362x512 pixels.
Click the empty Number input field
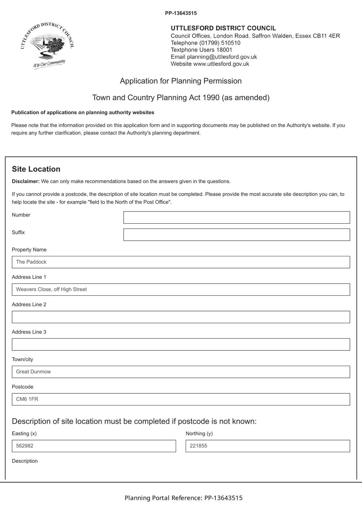click(237, 217)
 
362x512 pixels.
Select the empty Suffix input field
click(237, 235)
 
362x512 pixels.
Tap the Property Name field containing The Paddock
click(181, 262)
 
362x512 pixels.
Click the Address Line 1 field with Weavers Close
click(181, 290)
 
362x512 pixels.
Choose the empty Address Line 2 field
click(181, 317)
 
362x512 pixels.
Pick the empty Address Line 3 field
click(181, 345)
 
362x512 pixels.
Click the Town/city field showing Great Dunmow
click(181, 372)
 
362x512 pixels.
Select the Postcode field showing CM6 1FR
click(181, 399)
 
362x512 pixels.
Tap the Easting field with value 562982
click(94, 446)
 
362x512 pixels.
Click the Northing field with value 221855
click(268, 446)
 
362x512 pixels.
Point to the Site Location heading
click(36, 169)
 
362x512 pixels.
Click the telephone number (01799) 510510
click(220, 43)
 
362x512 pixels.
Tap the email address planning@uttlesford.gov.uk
click(222, 57)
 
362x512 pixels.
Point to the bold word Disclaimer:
click(26, 181)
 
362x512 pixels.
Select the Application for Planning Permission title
click(181, 81)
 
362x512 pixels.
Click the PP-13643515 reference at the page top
click(181, 13)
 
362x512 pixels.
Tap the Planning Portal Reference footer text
click(183, 498)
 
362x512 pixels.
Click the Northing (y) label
click(199, 434)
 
